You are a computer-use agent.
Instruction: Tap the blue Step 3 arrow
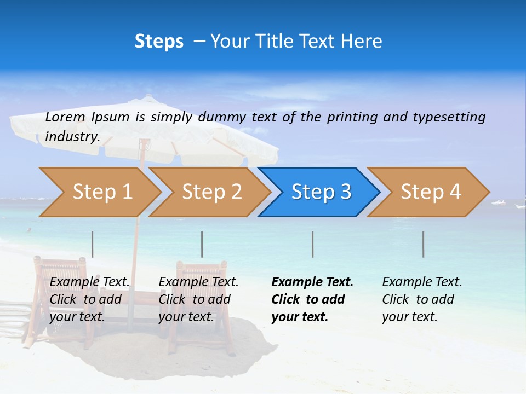coord(321,192)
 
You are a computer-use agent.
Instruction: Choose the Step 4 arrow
coord(430,192)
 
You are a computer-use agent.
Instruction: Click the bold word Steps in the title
coord(159,42)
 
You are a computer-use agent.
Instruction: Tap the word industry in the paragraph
coord(72,137)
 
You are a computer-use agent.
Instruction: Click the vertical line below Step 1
coord(93,244)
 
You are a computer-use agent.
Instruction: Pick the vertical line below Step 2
coord(202,244)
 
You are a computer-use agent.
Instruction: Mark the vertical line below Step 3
coord(313,244)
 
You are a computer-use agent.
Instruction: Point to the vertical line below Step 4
coord(424,244)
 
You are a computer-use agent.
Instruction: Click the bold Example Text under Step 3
coord(312,282)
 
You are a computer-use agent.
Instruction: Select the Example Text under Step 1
coord(90,282)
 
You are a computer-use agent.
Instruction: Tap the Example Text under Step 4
coord(422,282)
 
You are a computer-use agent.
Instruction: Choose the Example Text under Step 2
coord(198,282)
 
